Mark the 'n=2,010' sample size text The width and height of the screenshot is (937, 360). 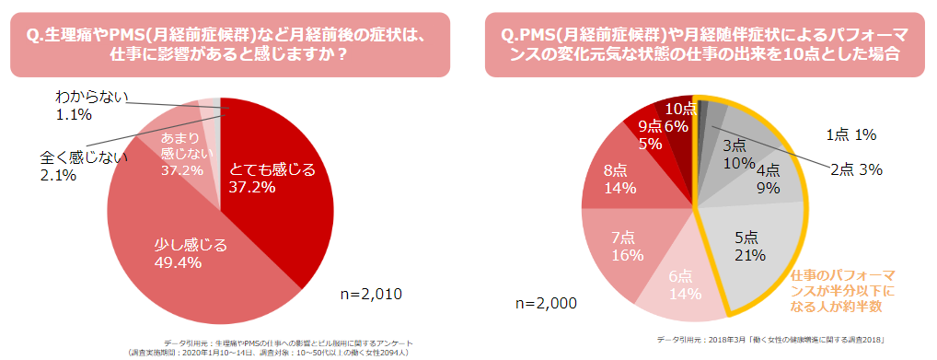(371, 294)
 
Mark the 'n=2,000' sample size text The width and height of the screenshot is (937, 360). (546, 302)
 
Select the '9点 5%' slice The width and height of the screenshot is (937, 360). (649, 134)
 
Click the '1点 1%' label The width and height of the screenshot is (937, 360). (850, 134)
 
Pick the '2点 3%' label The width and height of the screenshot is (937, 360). (856, 168)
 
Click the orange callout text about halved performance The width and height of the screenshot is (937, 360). (848, 291)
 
